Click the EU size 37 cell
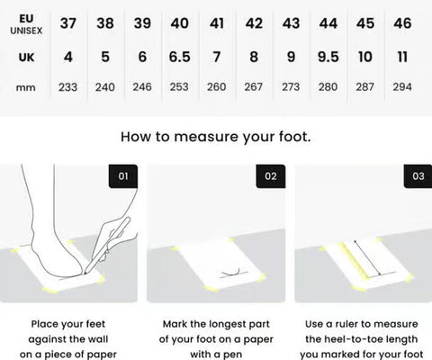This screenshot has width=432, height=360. pos(68,23)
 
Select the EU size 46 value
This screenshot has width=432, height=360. pos(402,23)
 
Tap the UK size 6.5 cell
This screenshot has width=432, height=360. pos(179,57)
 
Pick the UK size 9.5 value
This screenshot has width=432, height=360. pos(328,57)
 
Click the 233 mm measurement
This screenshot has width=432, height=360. pos(68,87)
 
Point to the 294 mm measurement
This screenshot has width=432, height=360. pos(402,87)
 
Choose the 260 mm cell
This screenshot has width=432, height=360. pos(217,87)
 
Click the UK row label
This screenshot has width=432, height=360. pos(26,57)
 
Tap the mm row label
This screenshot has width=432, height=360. pos(26,88)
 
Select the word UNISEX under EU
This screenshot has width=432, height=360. pos(26,31)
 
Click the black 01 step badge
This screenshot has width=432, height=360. pos(123,176)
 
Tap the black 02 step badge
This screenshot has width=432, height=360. pos(271,176)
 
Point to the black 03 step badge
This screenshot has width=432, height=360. pos(418,176)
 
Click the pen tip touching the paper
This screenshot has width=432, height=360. pos(85,274)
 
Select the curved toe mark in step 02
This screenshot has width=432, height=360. pos(231,273)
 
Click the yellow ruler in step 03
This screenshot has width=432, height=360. pos(354,260)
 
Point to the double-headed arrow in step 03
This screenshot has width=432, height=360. pos(367,257)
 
